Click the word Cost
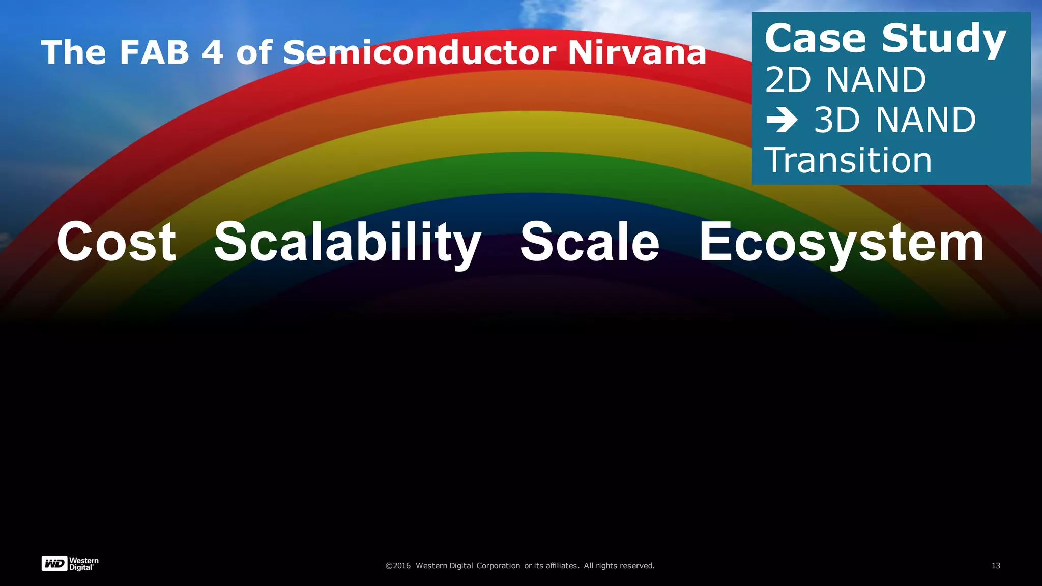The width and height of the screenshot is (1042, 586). [116, 242]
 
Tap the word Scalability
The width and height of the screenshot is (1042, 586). [347, 243]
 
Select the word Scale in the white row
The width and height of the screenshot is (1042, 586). [589, 242]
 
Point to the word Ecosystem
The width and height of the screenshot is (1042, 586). [842, 243]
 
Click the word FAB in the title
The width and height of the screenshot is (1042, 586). [154, 52]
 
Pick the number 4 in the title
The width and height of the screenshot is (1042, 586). [212, 52]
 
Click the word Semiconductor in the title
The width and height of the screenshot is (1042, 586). [419, 52]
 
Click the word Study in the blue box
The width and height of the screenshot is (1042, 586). [944, 40]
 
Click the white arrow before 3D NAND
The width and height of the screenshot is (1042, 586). [781, 121]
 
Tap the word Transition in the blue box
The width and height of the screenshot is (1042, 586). [848, 160]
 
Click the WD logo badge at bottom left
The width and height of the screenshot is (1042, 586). [54, 564]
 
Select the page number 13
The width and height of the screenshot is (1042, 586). [996, 566]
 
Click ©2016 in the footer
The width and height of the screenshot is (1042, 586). [398, 566]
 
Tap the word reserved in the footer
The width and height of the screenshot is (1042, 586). [636, 566]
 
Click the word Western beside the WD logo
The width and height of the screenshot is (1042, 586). [84, 561]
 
